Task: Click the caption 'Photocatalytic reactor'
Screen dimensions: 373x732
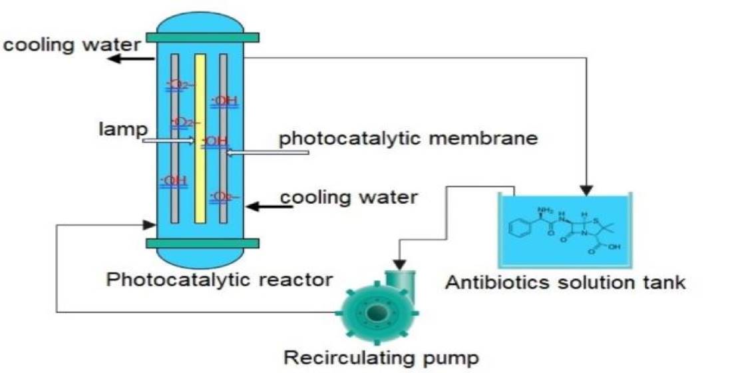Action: tap(220, 278)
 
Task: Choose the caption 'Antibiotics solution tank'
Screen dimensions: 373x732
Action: tap(565, 282)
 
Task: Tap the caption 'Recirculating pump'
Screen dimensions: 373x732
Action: tap(381, 358)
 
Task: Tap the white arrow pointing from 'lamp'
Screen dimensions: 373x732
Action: tap(169, 140)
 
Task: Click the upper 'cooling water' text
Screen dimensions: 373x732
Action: tap(71, 45)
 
